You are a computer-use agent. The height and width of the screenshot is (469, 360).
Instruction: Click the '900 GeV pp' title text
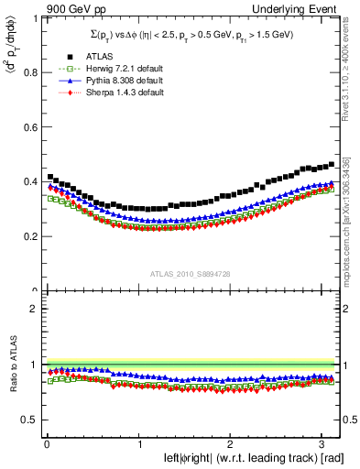pos(75,10)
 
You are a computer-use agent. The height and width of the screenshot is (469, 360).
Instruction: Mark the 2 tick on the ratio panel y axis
pos(35,309)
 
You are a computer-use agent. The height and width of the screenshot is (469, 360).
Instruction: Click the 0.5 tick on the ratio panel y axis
pos(30,420)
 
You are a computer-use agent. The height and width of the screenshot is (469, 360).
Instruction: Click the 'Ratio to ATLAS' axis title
pos(12,366)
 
